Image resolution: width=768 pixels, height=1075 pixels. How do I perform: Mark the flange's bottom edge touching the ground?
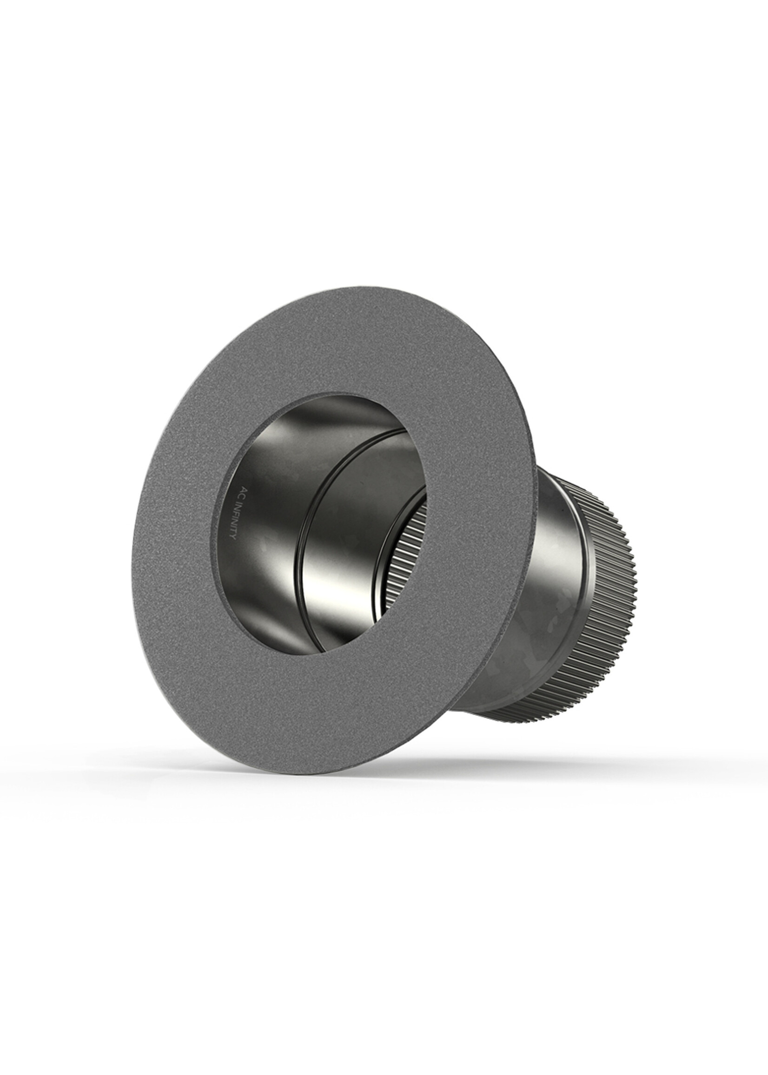(x=303, y=773)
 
